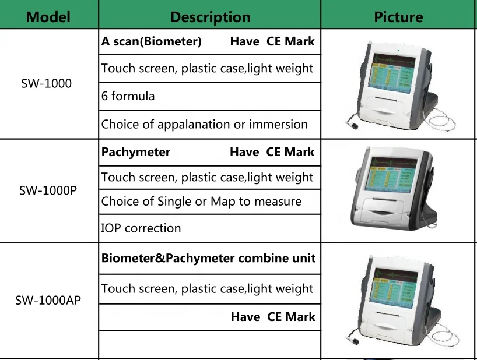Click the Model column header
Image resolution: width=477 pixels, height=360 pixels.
[x=48, y=17]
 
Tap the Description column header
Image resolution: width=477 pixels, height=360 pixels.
[x=210, y=17]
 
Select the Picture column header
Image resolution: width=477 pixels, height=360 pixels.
[x=398, y=17]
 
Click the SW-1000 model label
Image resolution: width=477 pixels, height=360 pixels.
[x=46, y=83]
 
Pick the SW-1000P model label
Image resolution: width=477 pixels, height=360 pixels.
[x=48, y=190]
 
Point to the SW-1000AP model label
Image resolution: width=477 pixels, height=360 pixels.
[x=48, y=300]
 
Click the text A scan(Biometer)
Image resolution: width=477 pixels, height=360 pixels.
[x=151, y=41]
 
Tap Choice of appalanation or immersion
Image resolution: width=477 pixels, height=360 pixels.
[x=205, y=125]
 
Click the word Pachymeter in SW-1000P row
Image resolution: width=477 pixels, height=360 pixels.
[x=136, y=152]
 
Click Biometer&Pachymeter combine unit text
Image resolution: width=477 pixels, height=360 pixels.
[x=208, y=258]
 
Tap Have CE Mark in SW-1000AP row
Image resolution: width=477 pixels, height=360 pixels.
[x=273, y=317]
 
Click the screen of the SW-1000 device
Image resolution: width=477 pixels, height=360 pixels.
[x=392, y=74]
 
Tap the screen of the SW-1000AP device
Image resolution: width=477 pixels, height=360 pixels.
[x=394, y=288]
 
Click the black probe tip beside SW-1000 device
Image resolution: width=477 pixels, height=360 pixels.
[x=354, y=126]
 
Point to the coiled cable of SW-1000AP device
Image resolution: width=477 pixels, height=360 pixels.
[x=445, y=337]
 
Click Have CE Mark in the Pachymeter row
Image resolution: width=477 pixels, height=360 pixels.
[x=272, y=152]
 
